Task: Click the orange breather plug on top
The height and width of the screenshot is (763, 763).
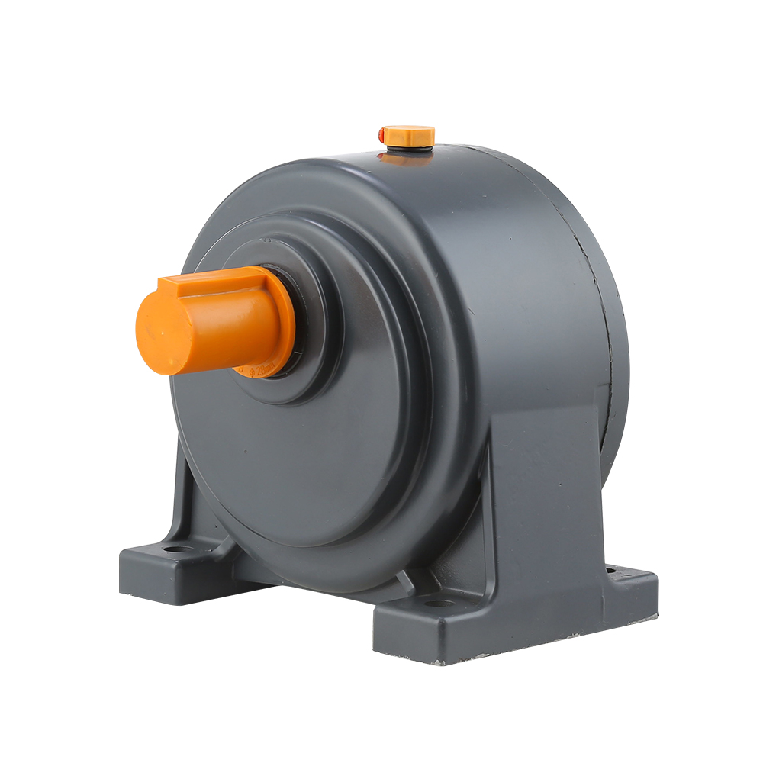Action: pyautogui.click(x=410, y=136)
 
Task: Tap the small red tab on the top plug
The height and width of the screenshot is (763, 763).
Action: pyautogui.click(x=381, y=134)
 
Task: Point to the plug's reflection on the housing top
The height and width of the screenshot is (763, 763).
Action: pyautogui.click(x=404, y=159)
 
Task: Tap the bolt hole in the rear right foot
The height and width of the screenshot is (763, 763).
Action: pyautogui.click(x=610, y=568)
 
